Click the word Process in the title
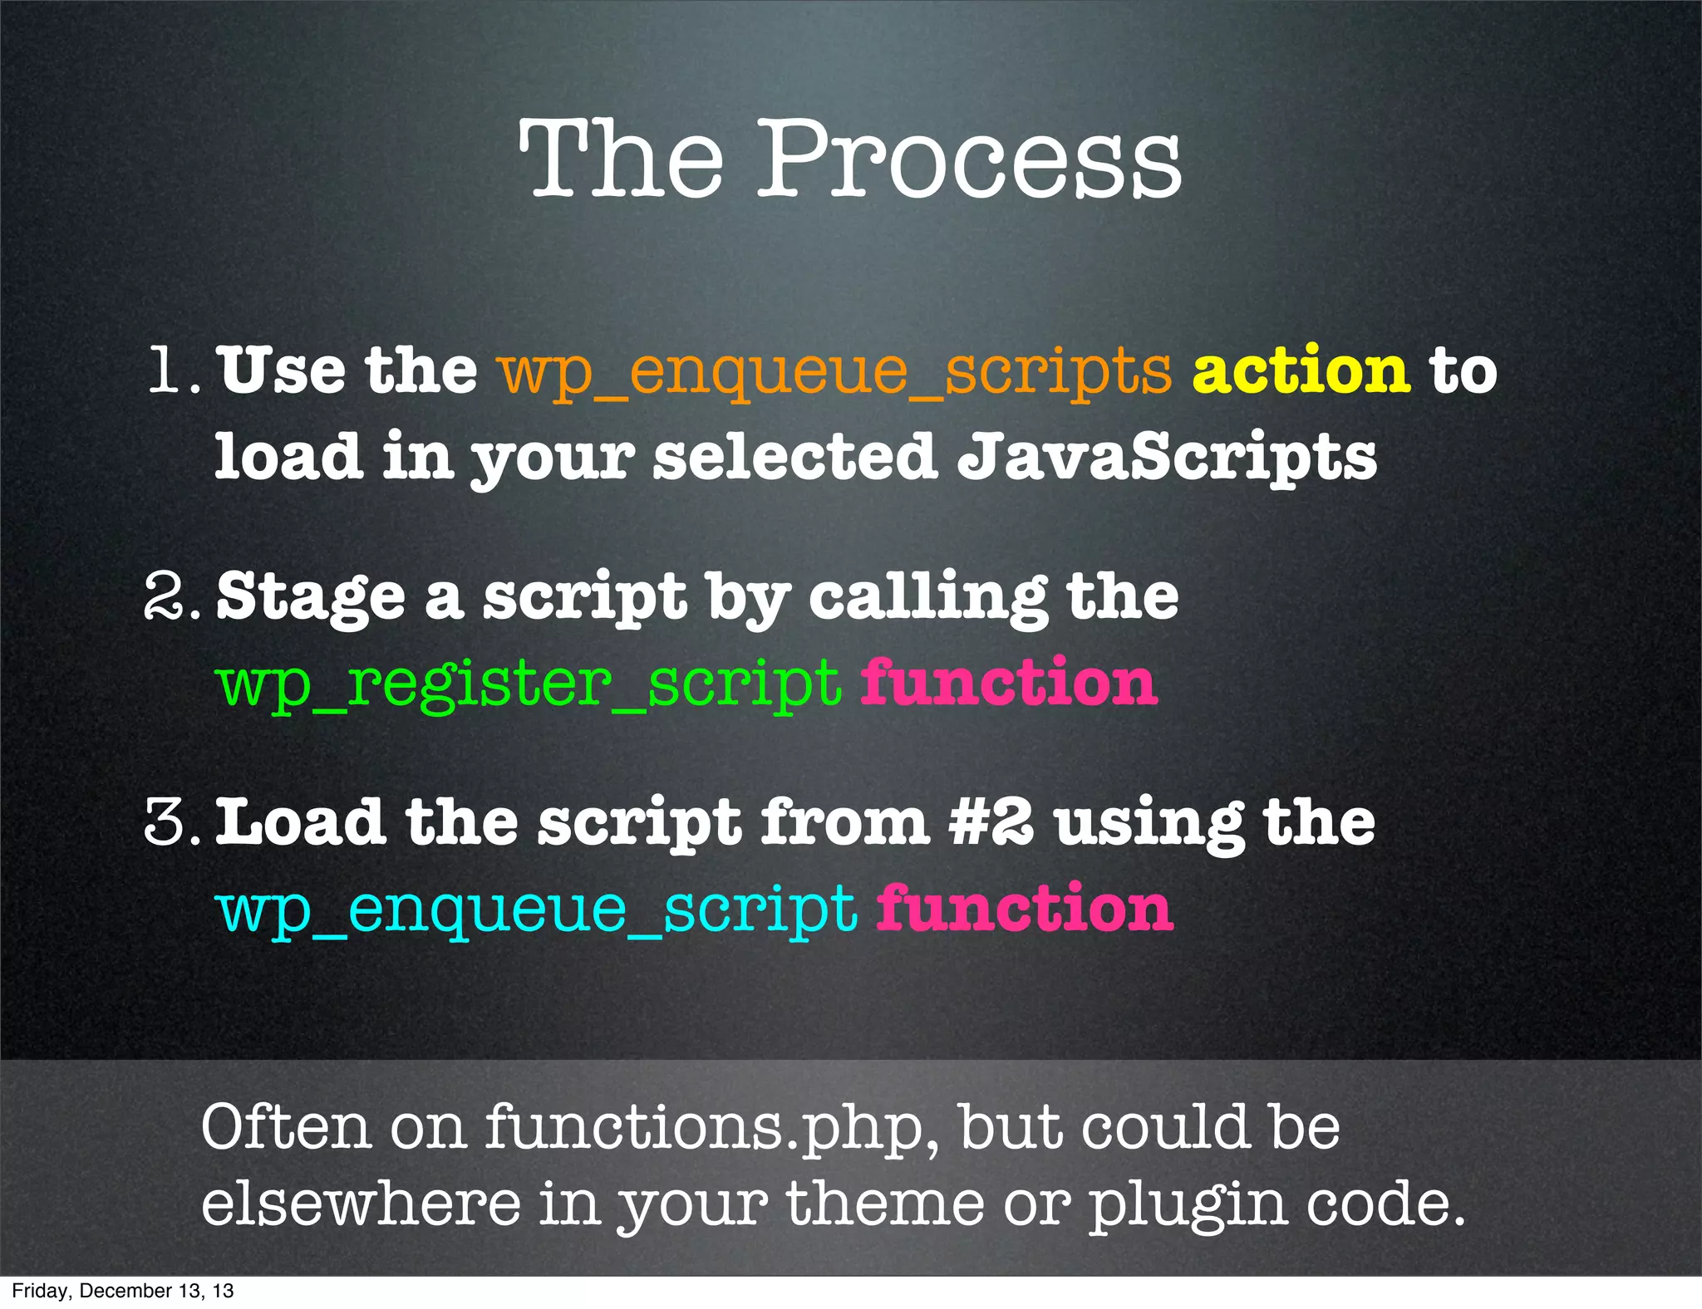(969, 159)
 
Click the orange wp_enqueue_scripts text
(835, 371)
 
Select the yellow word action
(1301, 370)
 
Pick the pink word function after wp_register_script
(1009, 681)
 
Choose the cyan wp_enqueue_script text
(537, 910)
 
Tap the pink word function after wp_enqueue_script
(1024, 907)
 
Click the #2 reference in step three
(991, 822)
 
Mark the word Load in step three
(299, 822)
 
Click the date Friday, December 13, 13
(123, 1291)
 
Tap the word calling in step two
(927, 596)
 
